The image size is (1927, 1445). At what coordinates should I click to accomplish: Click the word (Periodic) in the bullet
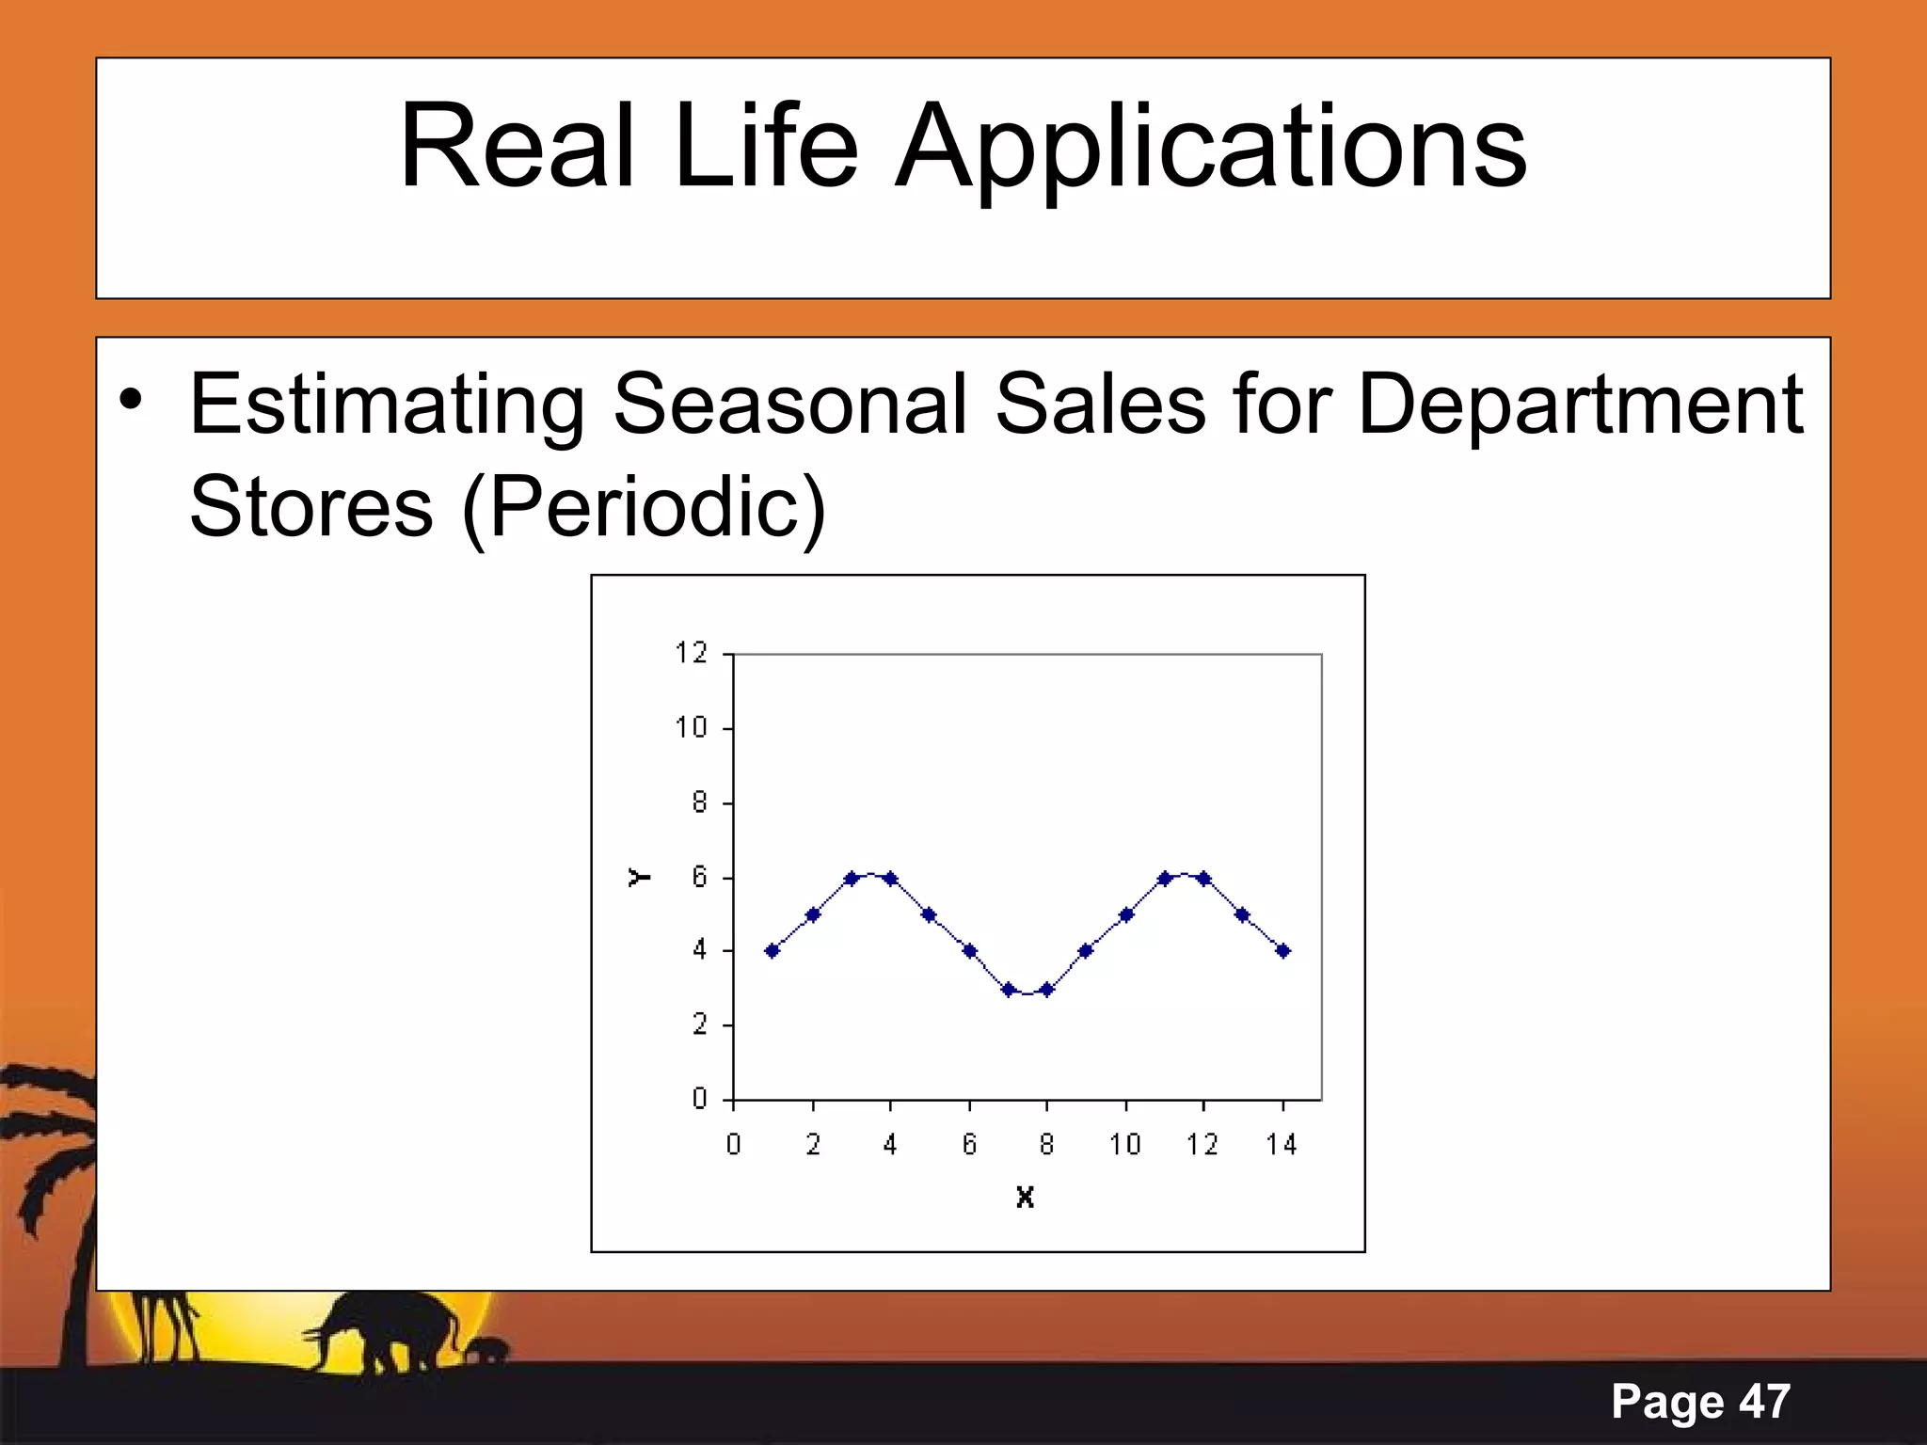point(644,507)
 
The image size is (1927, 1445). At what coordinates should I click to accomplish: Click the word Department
point(1580,405)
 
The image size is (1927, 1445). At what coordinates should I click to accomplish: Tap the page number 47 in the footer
point(1763,1401)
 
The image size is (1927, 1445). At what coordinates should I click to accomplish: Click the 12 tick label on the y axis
point(691,652)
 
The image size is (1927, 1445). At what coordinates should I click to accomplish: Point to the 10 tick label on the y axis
point(691,727)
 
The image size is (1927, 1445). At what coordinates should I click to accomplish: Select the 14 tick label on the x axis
point(1281,1145)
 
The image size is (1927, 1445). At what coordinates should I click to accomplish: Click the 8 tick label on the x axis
point(1046,1145)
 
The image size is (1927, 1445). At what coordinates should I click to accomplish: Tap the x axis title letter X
point(1025,1198)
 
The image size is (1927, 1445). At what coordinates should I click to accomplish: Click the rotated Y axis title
point(639,877)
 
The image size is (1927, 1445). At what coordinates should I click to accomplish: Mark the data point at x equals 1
point(772,951)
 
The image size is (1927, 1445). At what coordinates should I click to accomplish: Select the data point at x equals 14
point(1282,951)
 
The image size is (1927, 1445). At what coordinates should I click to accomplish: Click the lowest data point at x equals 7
point(1008,989)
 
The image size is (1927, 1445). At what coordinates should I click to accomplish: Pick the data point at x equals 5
point(929,914)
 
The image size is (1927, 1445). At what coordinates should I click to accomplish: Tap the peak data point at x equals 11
point(1164,879)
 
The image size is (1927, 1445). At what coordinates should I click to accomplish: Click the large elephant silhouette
point(395,1327)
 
